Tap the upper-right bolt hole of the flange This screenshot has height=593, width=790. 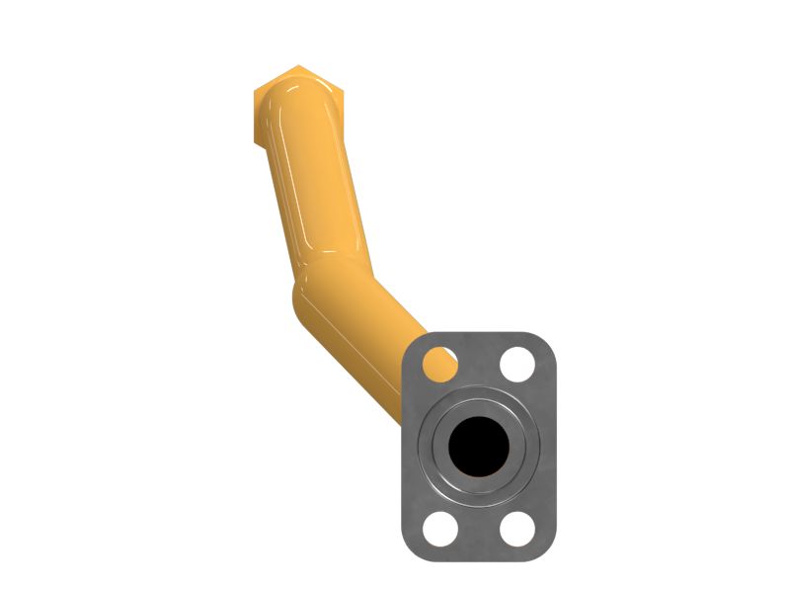517,365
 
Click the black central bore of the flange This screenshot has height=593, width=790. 479,444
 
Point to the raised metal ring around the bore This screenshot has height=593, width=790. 479,399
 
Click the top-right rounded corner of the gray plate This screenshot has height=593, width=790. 547,342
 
